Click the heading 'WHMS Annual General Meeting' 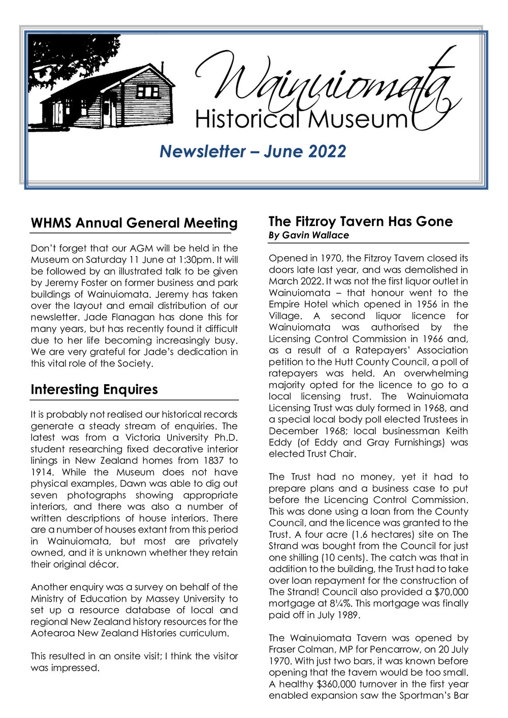point(134,223)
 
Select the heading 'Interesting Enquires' point(94,390)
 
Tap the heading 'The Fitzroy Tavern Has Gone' point(360,222)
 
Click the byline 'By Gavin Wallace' point(308,235)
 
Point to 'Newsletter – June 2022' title point(253,151)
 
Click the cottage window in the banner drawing point(148,91)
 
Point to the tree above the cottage point(71,56)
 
